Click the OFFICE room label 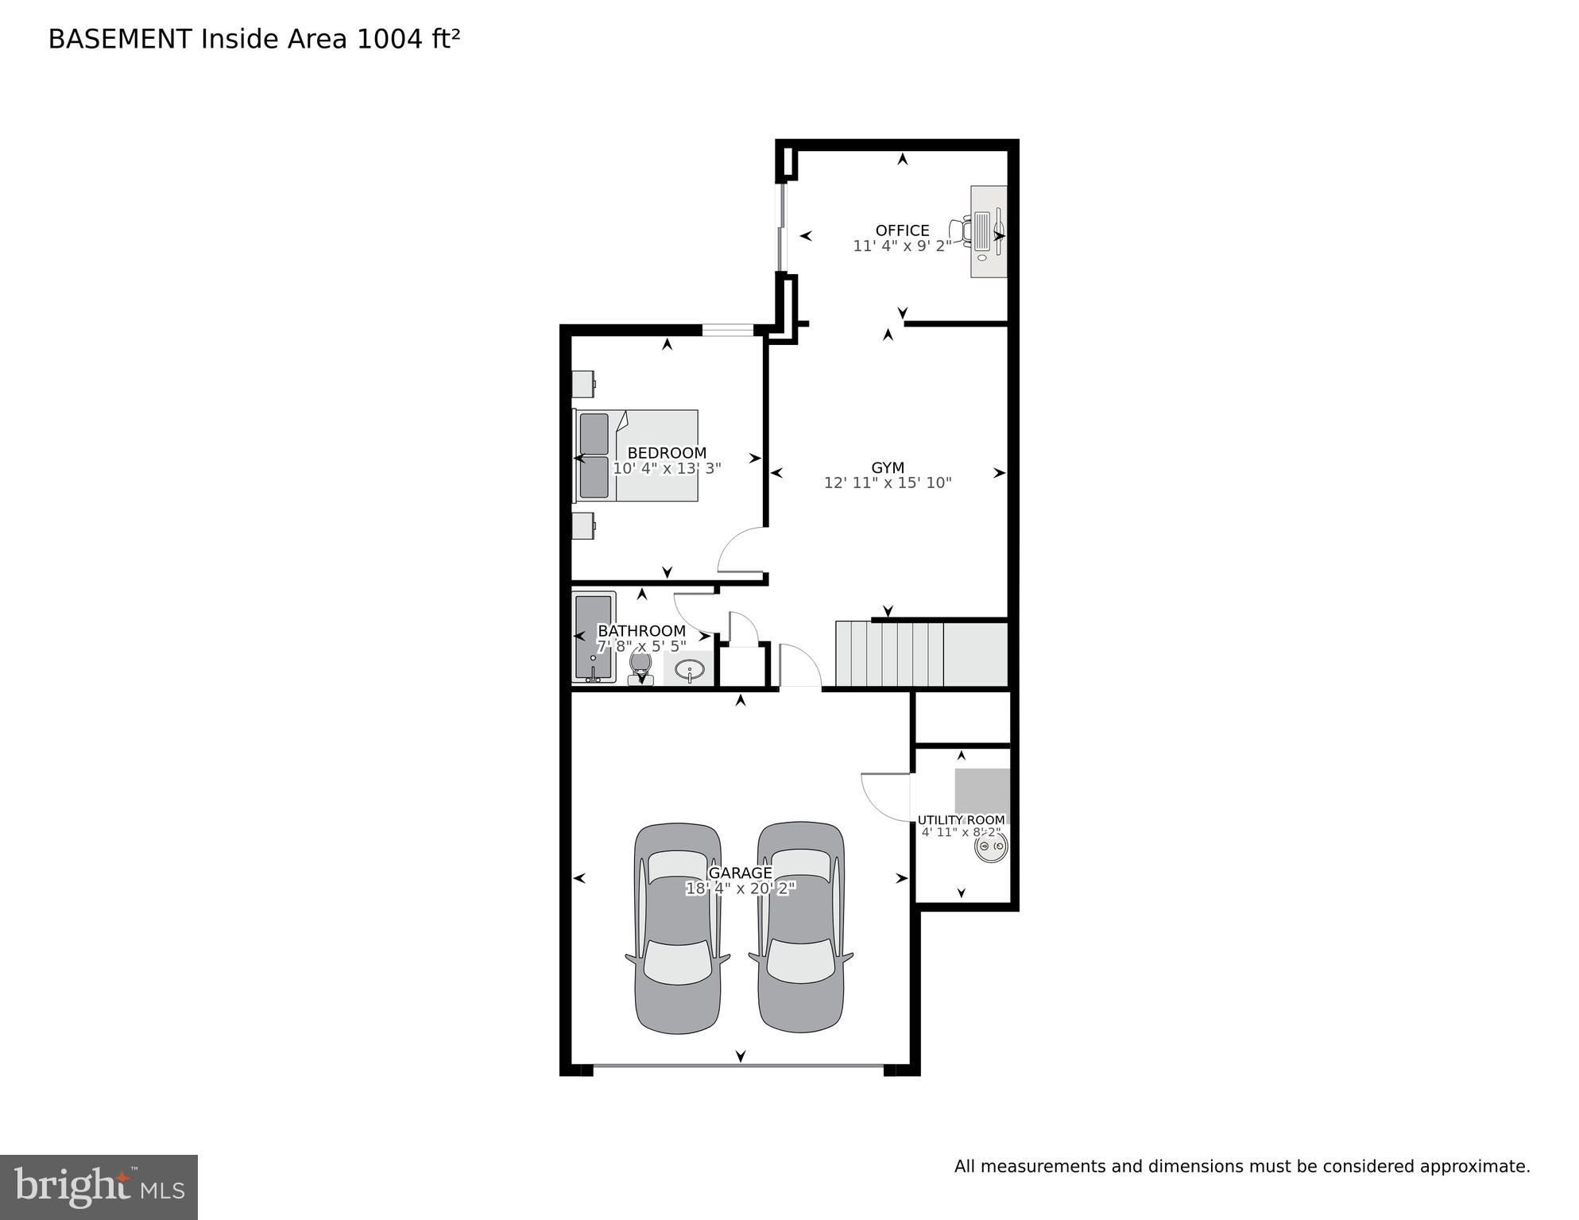(902, 230)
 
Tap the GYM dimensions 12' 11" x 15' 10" (888, 482)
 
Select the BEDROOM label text (667, 453)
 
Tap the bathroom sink (689, 668)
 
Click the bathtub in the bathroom (594, 637)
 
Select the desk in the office (989, 232)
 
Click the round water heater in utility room (990, 846)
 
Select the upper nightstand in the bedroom (583, 383)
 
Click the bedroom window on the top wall (727, 330)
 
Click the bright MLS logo (99, 1187)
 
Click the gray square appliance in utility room (982, 791)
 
